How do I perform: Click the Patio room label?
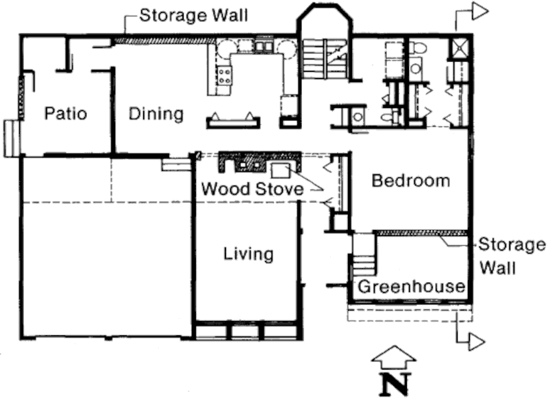(x=66, y=114)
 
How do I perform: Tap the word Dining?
(x=156, y=114)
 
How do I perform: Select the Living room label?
(x=249, y=254)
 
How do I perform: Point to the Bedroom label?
(x=410, y=181)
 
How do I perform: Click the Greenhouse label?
(x=412, y=287)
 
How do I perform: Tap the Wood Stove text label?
(x=252, y=189)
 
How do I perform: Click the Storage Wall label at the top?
(x=194, y=15)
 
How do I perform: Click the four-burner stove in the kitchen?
(x=224, y=76)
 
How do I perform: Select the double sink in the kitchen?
(x=264, y=46)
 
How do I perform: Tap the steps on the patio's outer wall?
(x=12, y=138)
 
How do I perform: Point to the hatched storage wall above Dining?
(x=165, y=41)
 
